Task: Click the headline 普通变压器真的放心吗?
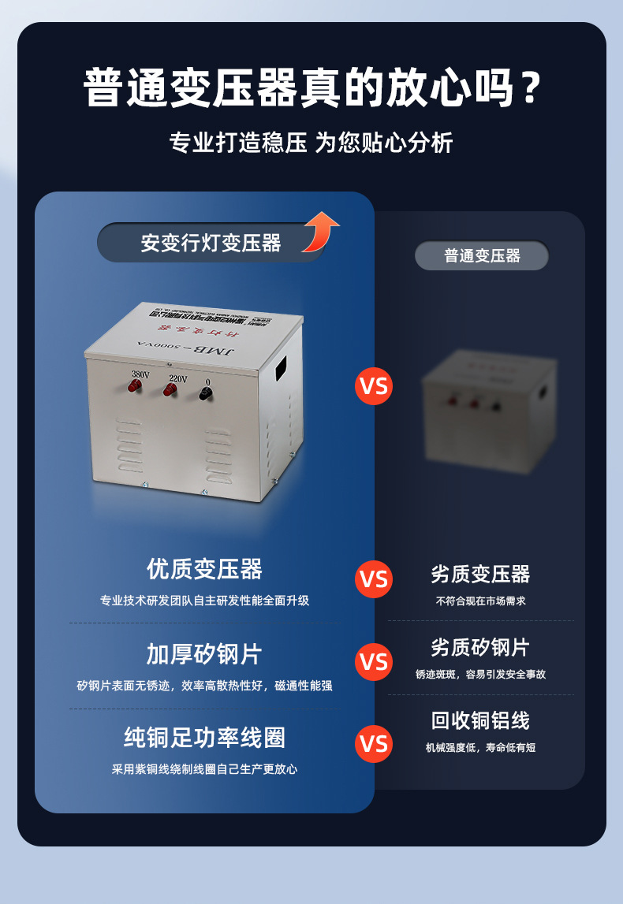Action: click(311, 88)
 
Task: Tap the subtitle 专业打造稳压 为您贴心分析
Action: click(311, 143)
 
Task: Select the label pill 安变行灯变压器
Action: click(211, 243)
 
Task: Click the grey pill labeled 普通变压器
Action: click(482, 255)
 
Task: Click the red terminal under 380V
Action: click(135, 385)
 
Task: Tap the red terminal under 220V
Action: click(170, 389)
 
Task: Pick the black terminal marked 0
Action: click(206, 393)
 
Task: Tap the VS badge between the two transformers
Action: click(374, 386)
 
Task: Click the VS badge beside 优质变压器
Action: click(374, 579)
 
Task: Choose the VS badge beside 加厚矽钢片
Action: click(374, 661)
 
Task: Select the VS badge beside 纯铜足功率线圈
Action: click(374, 744)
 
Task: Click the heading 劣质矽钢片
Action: click(480, 648)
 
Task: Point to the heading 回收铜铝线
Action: click(480, 720)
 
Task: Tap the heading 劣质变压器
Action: click(480, 574)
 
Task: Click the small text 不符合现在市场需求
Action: click(480, 601)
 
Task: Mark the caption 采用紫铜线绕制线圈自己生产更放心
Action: click(204, 768)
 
